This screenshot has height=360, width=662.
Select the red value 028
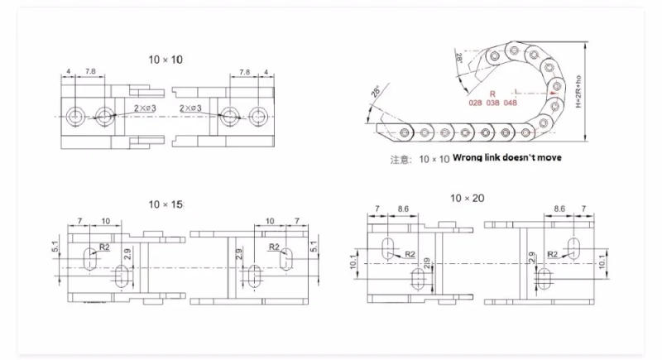tap(475, 103)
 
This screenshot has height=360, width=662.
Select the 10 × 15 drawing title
tap(165, 204)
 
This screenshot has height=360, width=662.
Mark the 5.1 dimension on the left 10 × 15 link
tap(55, 246)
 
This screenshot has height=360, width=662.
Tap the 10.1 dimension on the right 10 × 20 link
tap(612, 261)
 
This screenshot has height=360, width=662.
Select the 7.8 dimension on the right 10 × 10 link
tap(244, 73)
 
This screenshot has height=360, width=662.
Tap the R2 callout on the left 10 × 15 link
tap(105, 247)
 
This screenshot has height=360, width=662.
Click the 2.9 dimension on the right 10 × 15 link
tap(239, 255)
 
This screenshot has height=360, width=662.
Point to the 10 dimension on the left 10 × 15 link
tap(105, 221)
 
